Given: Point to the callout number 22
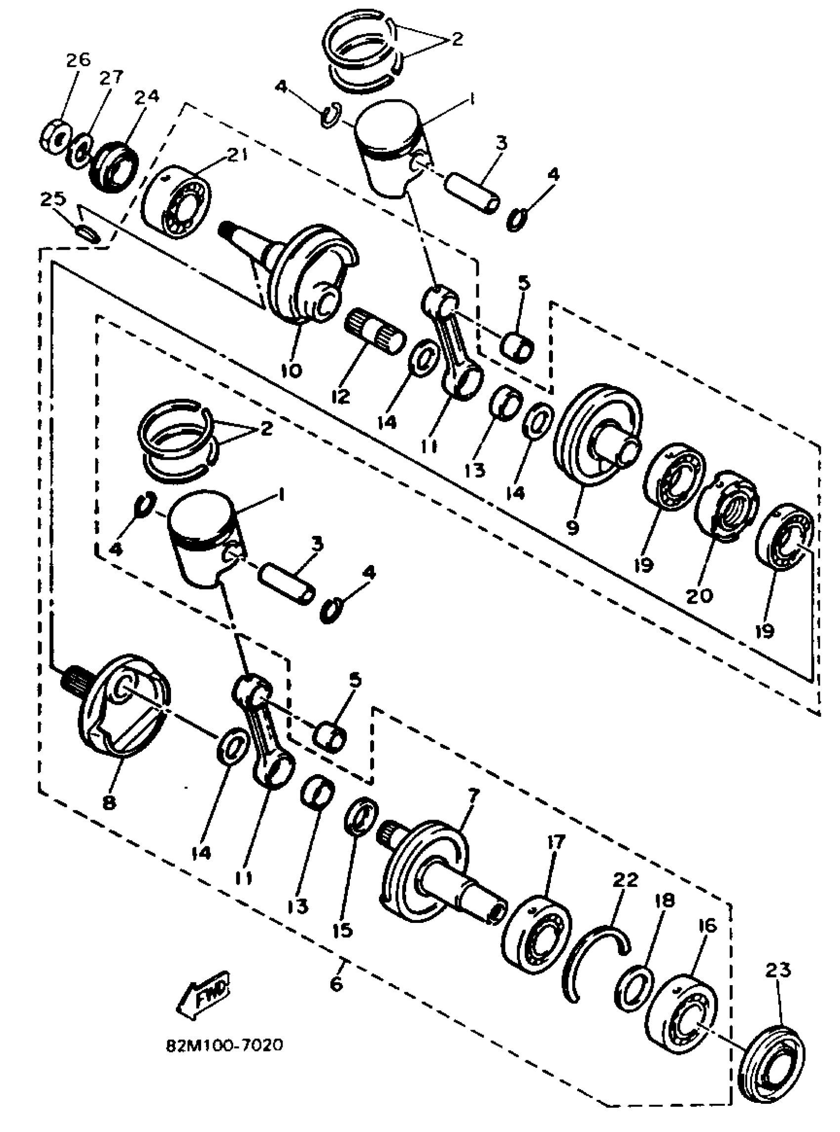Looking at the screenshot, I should [625, 880].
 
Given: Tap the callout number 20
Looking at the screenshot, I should [699, 596].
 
